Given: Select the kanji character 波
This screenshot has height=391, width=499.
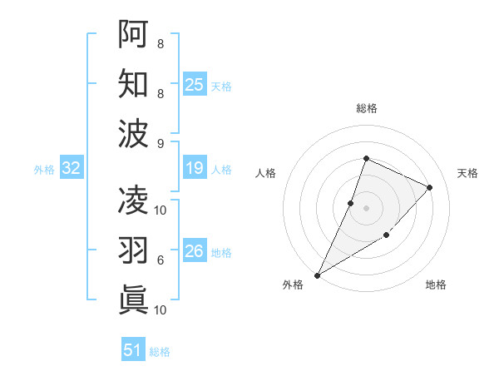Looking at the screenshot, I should pyautogui.click(x=134, y=133).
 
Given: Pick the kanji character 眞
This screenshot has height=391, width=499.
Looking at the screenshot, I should pyautogui.click(x=134, y=299).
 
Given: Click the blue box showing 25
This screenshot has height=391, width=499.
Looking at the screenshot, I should pyautogui.click(x=195, y=84).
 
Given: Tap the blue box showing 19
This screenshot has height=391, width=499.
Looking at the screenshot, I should pyautogui.click(x=195, y=169).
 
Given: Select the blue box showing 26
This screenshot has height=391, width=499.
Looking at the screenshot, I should pyautogui.click(x=195, y=252).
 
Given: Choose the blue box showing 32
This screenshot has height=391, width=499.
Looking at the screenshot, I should pyautogui.click(x=72, y=169).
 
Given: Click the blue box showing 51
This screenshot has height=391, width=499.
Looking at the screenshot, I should pyautogui.click(x=133, y=350).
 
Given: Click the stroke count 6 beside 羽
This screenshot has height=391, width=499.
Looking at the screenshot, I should pyautogui.click(x=161, y=260).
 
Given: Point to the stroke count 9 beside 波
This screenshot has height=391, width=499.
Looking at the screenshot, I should pyautogui.click(x=161, y=143).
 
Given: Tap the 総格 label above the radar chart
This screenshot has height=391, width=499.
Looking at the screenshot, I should pyautogui.click(x=367, y=108).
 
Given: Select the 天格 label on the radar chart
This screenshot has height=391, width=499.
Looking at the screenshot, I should pyautogui.click(x=467, y=173).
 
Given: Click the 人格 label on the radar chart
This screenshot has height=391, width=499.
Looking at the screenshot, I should pyautogui.click(x=266, y=173).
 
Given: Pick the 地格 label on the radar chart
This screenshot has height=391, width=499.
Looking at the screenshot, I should pyautogui.click(x=436, y=285).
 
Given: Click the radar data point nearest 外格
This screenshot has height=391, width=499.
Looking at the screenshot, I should pyautogui.click(x=317, y=275).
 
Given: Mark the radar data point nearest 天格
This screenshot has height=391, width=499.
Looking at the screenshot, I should pyautogui.click(x=430, y=187).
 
